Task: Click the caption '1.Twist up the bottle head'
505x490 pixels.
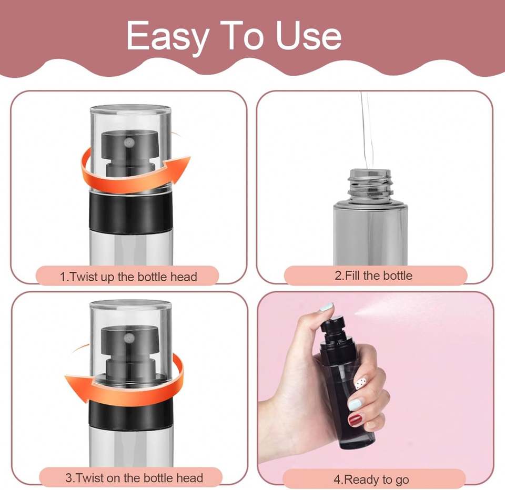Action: point(128,277)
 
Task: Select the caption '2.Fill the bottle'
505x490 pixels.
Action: point(373,275)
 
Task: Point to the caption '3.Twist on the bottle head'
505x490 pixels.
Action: point(134,478)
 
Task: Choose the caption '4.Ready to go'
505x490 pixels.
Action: point(371,479)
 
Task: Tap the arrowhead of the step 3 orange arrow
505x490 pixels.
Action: point(78,386)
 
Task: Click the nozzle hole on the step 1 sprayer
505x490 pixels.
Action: point(129,142)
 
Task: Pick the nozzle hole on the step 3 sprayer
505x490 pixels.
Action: point(129,338)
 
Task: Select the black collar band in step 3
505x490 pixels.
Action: point(131,413)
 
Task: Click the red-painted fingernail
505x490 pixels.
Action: point(355,420)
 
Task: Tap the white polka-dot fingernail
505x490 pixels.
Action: point(361,383)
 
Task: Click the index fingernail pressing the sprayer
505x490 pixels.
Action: point(326,307)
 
